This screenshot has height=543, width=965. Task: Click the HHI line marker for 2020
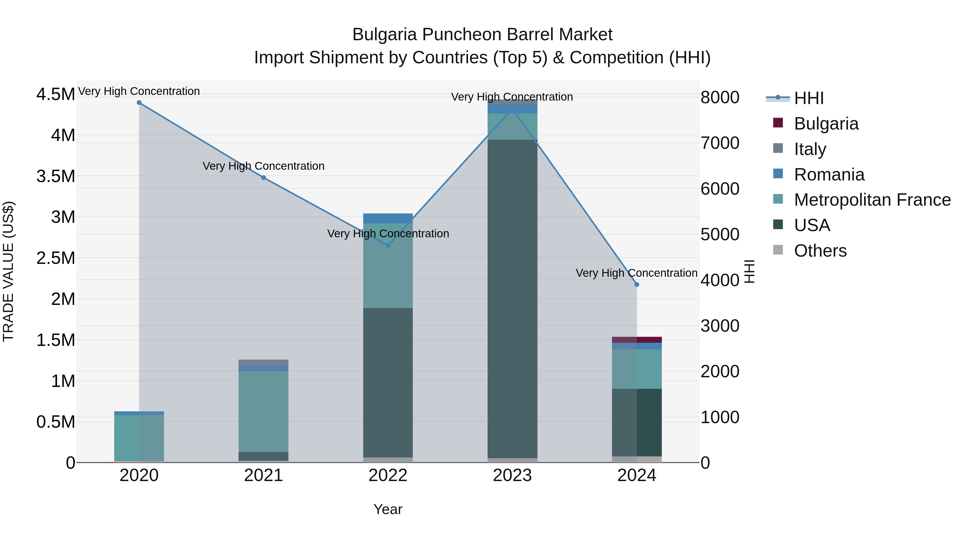[139, 103]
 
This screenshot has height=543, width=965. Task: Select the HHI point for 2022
[388, 245]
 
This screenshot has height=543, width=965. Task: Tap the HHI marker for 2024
[636, 285]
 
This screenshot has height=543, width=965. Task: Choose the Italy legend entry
[810, 149]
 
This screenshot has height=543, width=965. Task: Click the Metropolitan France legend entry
[872, 200]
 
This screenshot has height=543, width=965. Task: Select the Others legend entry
[820, 251]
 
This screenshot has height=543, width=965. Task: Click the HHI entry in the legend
[808, 98]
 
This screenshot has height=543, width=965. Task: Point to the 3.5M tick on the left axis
[55, 176]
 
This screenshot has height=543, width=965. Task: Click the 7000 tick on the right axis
[720, 143]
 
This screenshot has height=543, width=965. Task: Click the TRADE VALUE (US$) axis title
[9, 271]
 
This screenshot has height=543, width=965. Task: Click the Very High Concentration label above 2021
[263, 166]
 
